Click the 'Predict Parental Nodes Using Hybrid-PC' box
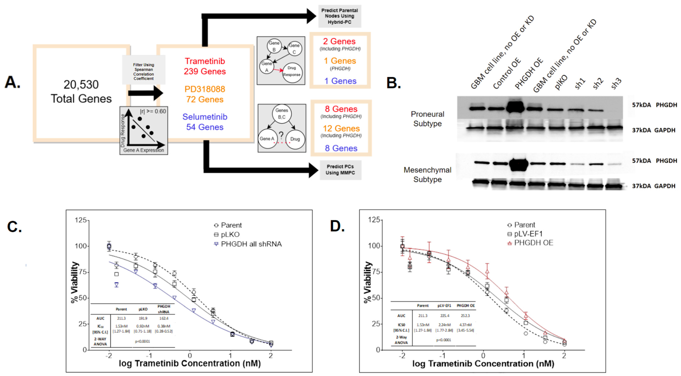pos(339,16)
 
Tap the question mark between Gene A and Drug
pos(281,136)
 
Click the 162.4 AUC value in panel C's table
pos(164,318)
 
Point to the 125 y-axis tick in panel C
pos(81,220)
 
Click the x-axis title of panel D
pos(483,364)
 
